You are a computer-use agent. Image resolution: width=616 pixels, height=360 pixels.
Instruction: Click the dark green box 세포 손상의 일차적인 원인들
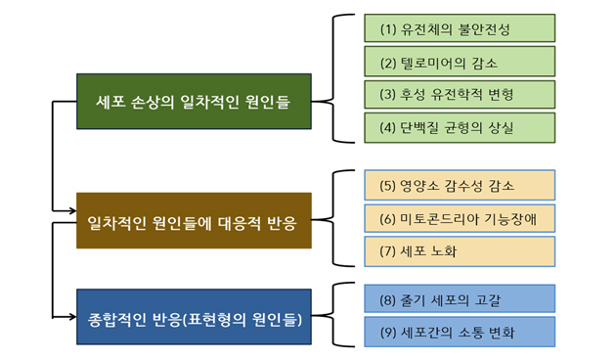pos(194,102)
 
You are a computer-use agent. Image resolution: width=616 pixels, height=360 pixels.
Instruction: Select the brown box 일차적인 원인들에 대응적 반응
pos(194,220)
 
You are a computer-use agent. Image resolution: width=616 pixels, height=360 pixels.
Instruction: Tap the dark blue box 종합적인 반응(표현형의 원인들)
pos(194,317)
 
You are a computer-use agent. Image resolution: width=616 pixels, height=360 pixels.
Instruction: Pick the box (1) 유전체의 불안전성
pos(460,28)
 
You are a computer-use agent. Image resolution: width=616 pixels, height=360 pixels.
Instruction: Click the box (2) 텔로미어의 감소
pos(460,62)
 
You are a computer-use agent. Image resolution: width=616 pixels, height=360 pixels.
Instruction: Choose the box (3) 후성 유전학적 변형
pos(460,94)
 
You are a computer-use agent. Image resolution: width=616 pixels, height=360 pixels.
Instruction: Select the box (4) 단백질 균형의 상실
pos(460,128)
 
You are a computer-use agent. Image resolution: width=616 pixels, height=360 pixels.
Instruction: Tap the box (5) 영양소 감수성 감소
pos(460,185)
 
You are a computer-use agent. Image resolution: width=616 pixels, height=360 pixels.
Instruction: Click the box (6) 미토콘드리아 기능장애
pos(460,218)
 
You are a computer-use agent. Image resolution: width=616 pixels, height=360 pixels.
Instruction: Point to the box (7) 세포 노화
pos(460,251)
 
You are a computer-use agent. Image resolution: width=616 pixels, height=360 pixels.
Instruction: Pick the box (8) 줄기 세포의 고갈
pos(460,298)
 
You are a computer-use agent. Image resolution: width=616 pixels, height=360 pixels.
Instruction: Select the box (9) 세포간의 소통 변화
pos(460,332)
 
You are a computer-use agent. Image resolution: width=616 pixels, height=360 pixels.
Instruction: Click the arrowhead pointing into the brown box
pos(73,210)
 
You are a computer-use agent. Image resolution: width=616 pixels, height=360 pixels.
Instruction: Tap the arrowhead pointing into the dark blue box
pos(73,316)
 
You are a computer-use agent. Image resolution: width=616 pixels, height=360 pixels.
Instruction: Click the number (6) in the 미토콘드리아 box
pos(387,219)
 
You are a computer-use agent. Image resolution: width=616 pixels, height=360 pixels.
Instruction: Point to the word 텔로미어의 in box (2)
pos(427,63)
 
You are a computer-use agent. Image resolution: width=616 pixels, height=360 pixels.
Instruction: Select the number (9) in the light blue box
pos(388,333)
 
